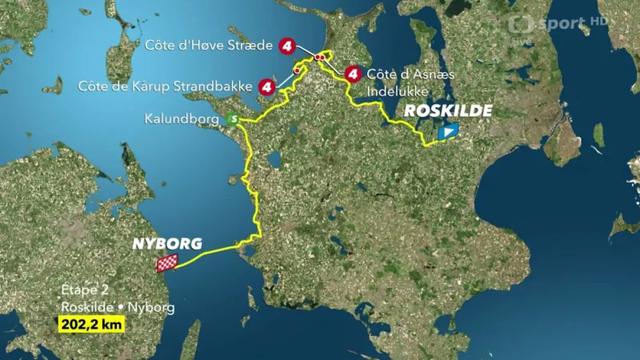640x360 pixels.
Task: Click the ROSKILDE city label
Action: pyautogui.click(x=448, y=111)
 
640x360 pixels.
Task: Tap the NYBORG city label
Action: pyautogui.click(x=166, y=244)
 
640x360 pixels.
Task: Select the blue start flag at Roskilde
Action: pyautogui.click(x=449, y=132)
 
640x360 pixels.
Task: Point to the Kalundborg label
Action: pyautogui.click(x=182, y=119)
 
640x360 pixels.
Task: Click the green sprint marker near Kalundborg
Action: pyautogui.click(x=232, y=119)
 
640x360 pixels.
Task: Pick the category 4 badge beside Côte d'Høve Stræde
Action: pyautogui.click(x=287, y=46)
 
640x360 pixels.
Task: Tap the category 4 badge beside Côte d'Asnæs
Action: pyautogui.click(x=351, y=74)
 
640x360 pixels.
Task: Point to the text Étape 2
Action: pyautogui.click(x=82, y=290)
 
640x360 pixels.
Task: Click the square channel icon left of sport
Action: pyautogui.click(x=521, y=24)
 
